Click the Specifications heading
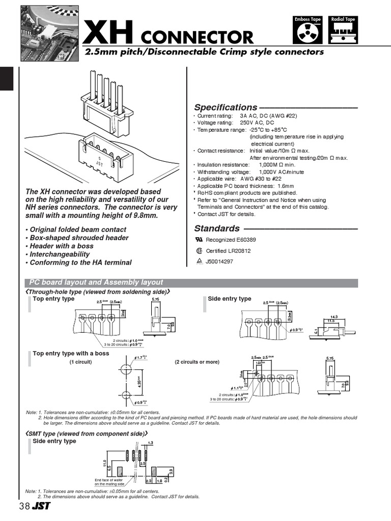pos(226,107)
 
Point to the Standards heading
pos(217,228)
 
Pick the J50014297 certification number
pos(218,262)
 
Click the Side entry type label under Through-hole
pos(229,299)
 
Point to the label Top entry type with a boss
pos(71,353)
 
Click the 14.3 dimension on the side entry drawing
pos(334,316)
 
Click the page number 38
pos(24,507)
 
